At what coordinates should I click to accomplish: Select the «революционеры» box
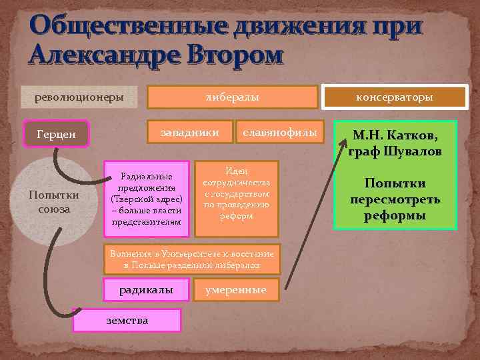point(79,97)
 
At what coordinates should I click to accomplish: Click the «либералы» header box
point(232,97)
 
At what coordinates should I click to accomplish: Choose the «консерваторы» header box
point(395,97)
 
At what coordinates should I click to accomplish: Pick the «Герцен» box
point(56,134)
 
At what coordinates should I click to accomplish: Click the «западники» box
point(191,132)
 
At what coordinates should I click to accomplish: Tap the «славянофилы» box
point(280,132)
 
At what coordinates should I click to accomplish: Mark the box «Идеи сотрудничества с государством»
point(237,198)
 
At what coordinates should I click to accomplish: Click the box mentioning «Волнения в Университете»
point(192,259)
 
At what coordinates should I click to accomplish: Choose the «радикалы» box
point(146,290)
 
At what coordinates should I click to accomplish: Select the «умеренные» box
point(235,290)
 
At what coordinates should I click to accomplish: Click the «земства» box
point(127,321)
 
